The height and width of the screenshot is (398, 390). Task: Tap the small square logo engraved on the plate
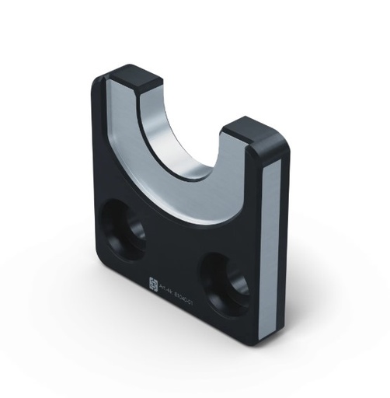[x=152, y=285]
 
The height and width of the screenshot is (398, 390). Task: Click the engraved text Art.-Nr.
[x=165, y=291]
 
